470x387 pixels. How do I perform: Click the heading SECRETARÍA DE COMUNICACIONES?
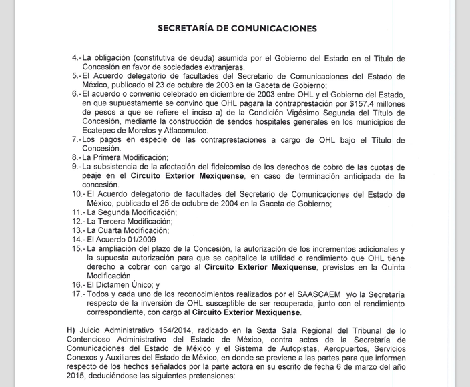point(237,29)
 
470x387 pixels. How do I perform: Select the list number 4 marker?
point(75,59)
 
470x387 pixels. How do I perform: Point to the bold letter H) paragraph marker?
point(70,330)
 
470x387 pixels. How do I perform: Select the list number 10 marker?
point(77,193)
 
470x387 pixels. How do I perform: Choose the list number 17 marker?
point(77,294)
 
